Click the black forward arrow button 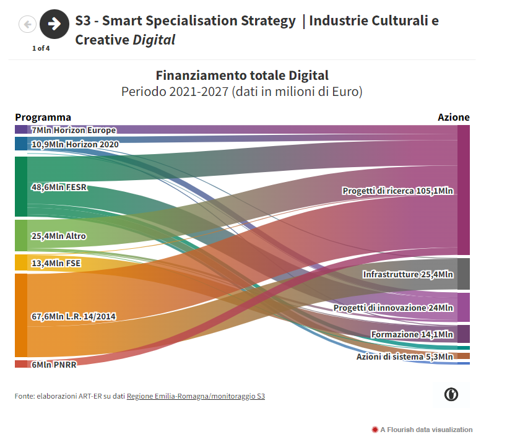tap(54, 24)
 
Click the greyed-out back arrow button tap(28, 24)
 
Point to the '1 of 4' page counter tap(41, 48)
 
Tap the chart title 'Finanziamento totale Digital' tap(242, 76)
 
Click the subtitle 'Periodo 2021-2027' tap(241, 92)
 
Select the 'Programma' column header tap(43, 117)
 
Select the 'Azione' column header tap(453, 117)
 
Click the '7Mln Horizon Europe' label tap(73, 131)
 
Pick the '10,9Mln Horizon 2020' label tap(74, 144)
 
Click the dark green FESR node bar tap(21, 186)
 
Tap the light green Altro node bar tap(21, 235)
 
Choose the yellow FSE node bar tap(21, 262)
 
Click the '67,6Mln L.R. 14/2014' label tap(74, 316)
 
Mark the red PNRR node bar tap(21, 364)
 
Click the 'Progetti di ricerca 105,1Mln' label tap(397, 191)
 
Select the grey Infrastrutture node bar tap(463, 274)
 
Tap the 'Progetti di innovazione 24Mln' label tap(393, 308)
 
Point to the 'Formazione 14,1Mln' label tap(412, 334)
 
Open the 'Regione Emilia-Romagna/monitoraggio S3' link tap(196, 396)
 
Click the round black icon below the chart tap(451, 394)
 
